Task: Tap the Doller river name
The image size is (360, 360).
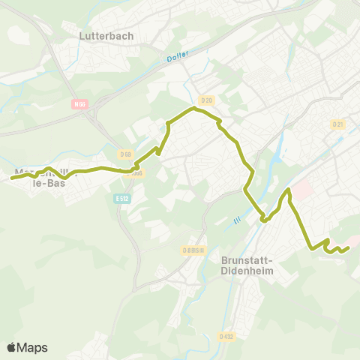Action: [178, 55]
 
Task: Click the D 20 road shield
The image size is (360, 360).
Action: [207, 100]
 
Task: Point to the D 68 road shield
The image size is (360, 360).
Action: [125, 154]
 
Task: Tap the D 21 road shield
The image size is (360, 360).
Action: [337, 124]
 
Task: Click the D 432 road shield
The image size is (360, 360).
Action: [226, 335]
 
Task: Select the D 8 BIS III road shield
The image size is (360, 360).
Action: [193, 250]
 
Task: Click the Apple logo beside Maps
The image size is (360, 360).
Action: [11, 347]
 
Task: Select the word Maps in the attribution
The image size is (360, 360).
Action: [32, 347]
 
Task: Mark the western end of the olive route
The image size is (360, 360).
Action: [12, 178]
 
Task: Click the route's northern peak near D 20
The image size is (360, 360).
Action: [194, 108]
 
